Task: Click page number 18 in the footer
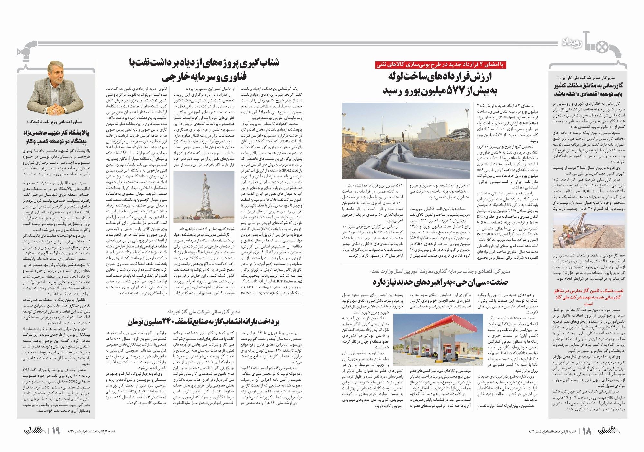point(587,431)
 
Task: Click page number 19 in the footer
point(55,431)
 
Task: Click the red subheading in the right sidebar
point(588,297)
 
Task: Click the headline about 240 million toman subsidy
point(204,321)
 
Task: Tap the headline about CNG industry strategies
point(440,282)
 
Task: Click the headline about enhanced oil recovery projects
point(204,69)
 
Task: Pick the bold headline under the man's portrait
point(56,137)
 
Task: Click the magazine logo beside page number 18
point(609,430)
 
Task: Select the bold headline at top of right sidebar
point(588,89)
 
